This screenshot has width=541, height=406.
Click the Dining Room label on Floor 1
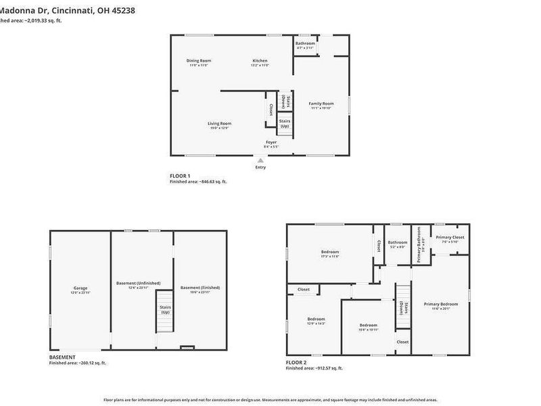(x=199, y=61)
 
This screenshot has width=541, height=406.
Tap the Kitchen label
(x=260, y=61)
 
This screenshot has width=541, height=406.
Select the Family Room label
(x=321, y=104)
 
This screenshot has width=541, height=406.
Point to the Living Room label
(x=220, y=123)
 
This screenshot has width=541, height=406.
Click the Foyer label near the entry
(x=271, y=142)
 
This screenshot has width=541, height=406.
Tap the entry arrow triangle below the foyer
(x=260, y=160)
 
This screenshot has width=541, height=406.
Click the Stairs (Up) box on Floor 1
(x=285, y=123)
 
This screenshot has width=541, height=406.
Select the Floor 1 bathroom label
(x=305, y=43)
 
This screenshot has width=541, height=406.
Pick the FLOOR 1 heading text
(x=181, y=176)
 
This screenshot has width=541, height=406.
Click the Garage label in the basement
(x=80, y=288)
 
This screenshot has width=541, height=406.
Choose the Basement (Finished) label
(x=199, y=288)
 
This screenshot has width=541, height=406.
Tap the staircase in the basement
(x=165, y=311)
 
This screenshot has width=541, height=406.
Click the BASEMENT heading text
(x=62, y=357)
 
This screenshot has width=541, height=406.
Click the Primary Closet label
(x=448, y=237)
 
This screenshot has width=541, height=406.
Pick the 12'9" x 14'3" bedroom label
(x=316, y=319)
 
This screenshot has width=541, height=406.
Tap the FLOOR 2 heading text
(x=298, y=363)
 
